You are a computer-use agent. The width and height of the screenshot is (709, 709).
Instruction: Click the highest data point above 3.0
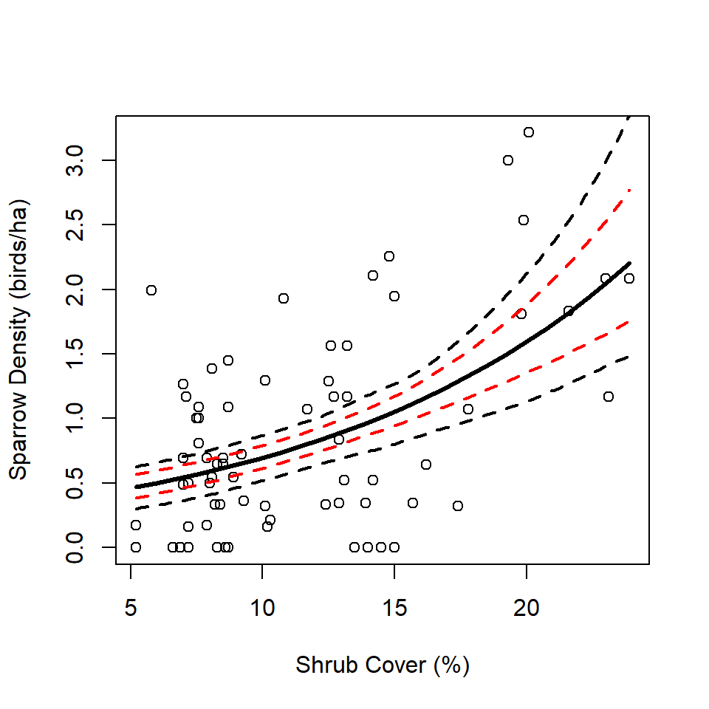[529, 132]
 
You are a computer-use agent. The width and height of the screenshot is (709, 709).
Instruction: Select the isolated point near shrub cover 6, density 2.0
[151, 290]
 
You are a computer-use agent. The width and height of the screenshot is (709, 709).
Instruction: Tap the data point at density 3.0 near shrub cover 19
[508, 160]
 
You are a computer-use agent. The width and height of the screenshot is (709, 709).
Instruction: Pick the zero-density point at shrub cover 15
[394, 547]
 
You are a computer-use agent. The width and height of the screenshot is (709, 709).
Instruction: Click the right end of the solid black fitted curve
[629, 263]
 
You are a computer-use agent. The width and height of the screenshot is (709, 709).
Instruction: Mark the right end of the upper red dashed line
[629, 190]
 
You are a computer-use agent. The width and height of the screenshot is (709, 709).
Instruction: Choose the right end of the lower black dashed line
[629, 357]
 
